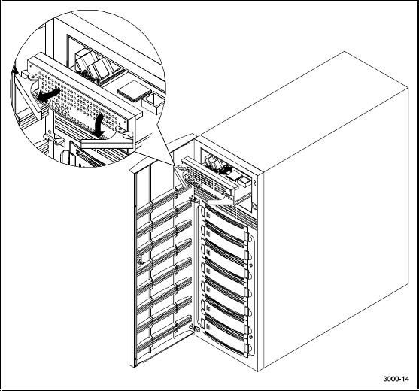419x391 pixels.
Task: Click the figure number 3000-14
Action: [396, 379]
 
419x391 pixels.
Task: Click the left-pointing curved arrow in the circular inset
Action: [47, 95]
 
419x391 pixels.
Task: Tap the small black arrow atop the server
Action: [226, 170]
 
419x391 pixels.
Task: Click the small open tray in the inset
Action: [151, 103]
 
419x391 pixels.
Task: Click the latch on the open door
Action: [141, 259]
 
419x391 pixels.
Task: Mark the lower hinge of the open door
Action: [195, 329]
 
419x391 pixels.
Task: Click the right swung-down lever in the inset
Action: [107, 143]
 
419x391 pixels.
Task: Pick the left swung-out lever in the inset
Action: [27, 95]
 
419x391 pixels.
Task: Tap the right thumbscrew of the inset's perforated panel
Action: [119, 130]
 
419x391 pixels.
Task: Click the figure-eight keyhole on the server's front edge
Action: [254, 183]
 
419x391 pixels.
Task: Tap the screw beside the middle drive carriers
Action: [251, 265]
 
